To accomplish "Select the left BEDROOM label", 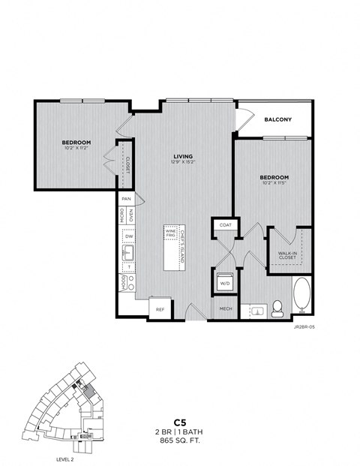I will point(76,143).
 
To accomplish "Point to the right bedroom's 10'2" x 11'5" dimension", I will point(274,183).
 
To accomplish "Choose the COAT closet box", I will point(225,224).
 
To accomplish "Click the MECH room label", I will point(225,309).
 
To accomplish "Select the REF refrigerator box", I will point(160,308).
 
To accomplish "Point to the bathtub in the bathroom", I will point(301,296).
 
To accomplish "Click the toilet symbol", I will point(277,306).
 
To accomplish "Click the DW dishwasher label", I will point(129,236).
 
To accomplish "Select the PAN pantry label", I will point(126,199).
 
